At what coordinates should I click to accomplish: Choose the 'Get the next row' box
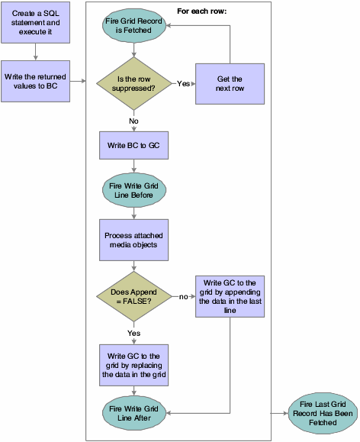point(230,84)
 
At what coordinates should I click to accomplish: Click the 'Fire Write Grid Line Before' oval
point(134,189)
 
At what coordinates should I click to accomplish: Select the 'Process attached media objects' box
point(134,240)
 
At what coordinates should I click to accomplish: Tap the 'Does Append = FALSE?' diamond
point(134,295)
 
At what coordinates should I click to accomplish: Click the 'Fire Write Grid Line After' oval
point(134,412)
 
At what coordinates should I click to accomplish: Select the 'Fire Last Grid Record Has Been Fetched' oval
point(321,412)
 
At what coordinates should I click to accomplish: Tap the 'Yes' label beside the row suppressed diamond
point(183,83)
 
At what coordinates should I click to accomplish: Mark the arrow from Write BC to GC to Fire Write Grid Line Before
point(134,164)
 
